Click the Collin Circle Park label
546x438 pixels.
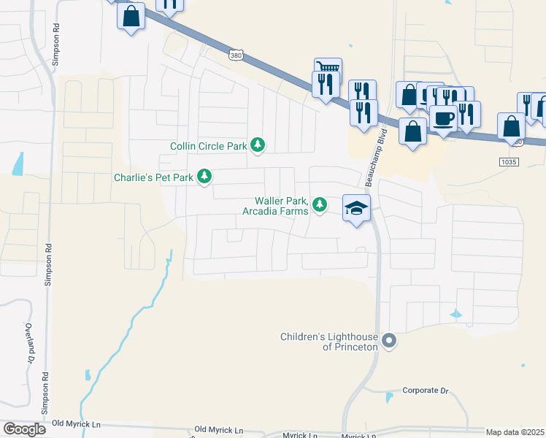(209, 147)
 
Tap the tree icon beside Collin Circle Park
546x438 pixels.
(257, 146)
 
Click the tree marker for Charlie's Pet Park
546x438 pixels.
(206, 177)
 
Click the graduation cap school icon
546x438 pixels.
(356, 208)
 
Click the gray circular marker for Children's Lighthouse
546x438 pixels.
(390, 341)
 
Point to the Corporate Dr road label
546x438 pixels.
(425, 391)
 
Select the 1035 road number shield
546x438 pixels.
(510, 161)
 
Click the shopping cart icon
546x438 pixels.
(328, 68)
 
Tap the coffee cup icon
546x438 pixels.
(442, 118)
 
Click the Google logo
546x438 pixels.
(24, 429)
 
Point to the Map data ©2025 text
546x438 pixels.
(515, 432)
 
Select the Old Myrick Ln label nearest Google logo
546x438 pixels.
(75, 423)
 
